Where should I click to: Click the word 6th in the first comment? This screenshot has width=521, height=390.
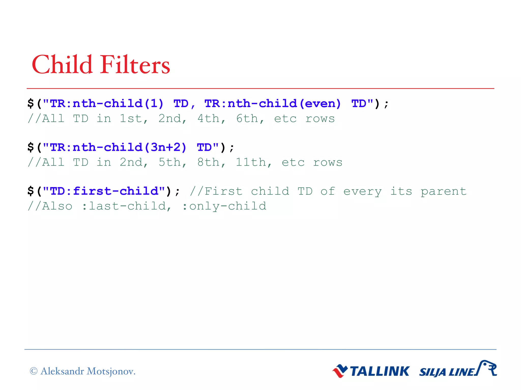247,119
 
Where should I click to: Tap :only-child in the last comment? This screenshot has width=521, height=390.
224,206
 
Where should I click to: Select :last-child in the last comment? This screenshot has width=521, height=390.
127,206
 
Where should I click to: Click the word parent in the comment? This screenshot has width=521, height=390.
444,191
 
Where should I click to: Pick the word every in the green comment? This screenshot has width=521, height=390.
362,191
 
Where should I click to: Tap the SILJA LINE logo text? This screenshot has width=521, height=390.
447,372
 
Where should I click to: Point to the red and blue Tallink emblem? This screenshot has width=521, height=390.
340,371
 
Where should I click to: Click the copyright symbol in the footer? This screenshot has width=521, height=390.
34,371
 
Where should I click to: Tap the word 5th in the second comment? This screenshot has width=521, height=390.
169,162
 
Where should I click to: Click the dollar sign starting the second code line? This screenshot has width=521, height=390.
31,147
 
